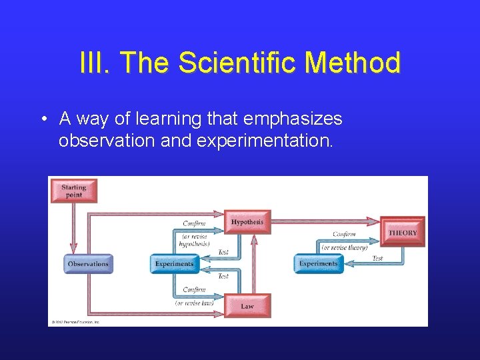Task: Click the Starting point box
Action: point(73,191)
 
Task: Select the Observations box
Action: point(88,264)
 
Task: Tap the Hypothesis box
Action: point(247,222)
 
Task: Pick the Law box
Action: point(247,306)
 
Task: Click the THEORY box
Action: point(403,233)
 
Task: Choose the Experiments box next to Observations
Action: point(174,264)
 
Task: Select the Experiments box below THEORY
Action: point(318,264)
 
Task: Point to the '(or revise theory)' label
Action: point(345,247)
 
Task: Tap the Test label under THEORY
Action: point(377,258)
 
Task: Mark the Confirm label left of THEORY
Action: point(344,234)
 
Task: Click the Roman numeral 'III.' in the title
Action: point(95,64)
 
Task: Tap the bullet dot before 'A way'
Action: point(42,119)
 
